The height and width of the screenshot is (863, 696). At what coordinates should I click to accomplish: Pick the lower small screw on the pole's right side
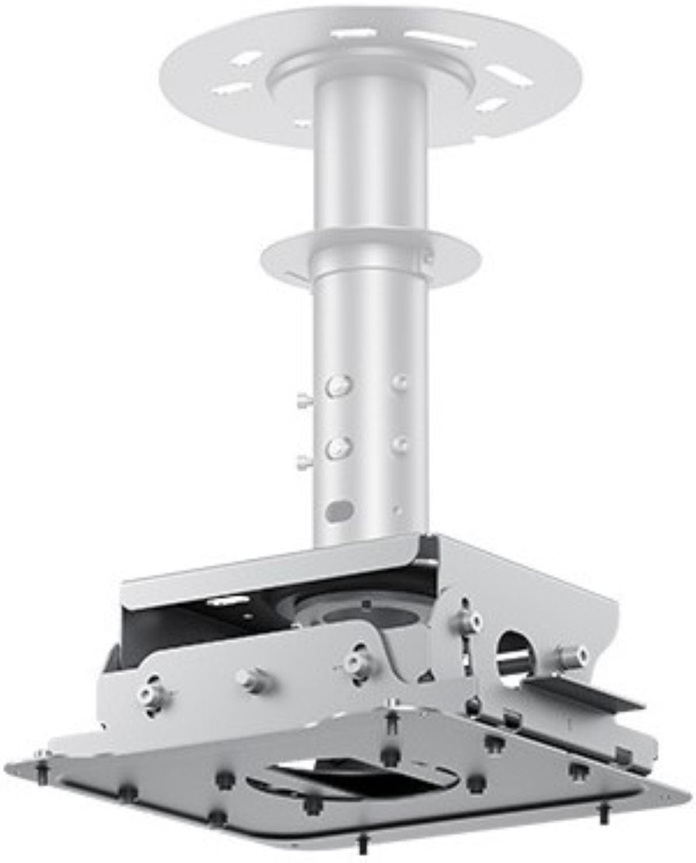[401, 443]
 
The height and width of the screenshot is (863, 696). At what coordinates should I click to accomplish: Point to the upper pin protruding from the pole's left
[303, 399]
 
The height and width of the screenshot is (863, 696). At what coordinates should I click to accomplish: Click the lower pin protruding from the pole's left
[303, 460]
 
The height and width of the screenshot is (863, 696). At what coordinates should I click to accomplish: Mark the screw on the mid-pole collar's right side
[427, 258]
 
